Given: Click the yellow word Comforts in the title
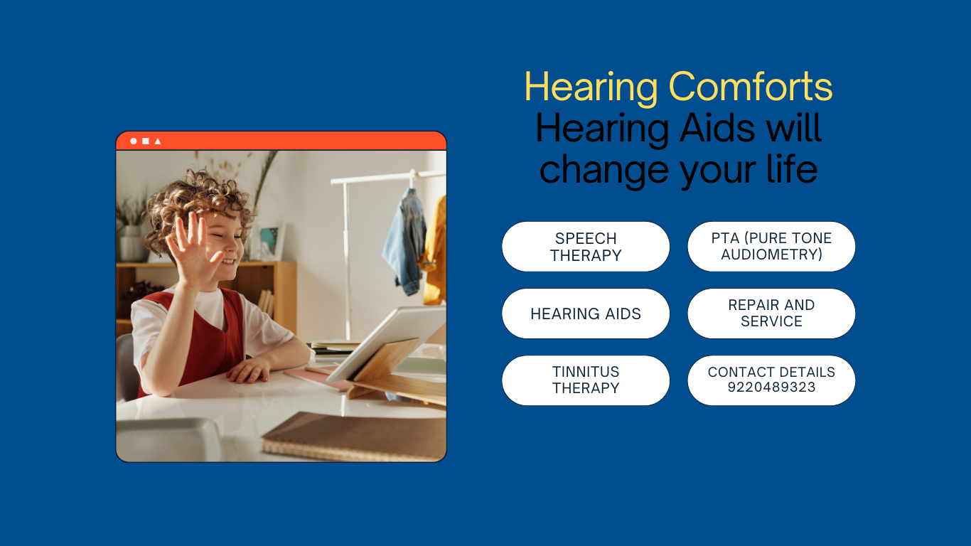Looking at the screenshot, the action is [x=751, y=86].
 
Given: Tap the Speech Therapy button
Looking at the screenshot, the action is [x=586, y=247].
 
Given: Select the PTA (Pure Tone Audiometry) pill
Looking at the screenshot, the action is [x=771, y=246].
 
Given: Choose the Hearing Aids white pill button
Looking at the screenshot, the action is [x=586, y=314].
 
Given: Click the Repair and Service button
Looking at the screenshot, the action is [x=771, y=314].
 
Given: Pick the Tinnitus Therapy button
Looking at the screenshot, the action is [x=586, y=380].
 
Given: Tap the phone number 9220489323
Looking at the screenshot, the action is [x=771, y=387].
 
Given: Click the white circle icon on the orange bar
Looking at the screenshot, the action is [x=134, y=141].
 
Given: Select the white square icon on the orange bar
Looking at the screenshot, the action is [x=146, y=141].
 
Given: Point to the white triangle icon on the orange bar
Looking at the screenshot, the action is [x=158, y=141].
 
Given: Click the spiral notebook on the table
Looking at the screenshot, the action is [x=353, y=436].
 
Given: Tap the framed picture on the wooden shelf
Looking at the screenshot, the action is [x=271, y=241].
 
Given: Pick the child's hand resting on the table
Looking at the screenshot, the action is [x=248, y=371].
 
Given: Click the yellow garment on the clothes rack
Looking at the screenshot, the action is [x=436, y=252].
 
